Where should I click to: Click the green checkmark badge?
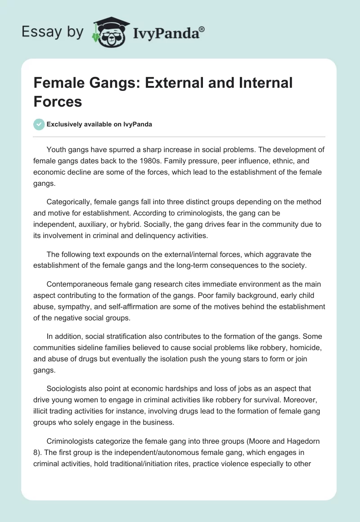[39, 124]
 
